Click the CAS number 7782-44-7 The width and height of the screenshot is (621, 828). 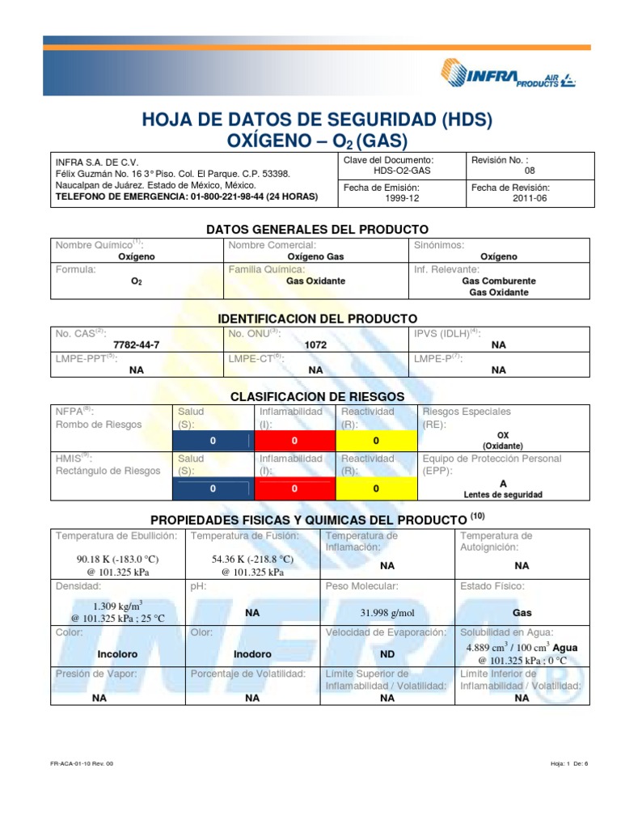click(137, 344)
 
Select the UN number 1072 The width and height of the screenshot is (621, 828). click(315, 344)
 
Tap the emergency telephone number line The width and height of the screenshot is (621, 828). click(186, 196)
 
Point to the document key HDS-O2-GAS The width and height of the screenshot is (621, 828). click(401, 171)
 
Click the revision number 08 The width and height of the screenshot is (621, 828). click(530, 171)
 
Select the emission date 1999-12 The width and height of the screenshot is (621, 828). click(401, 197)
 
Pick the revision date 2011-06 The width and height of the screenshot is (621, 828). click(530, 197)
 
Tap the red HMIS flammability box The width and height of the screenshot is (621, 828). click(294, 489)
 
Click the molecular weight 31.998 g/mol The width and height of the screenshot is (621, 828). click(387, 613)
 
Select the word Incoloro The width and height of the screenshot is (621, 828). click(117, 653)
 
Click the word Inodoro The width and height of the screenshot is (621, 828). click(252, 653)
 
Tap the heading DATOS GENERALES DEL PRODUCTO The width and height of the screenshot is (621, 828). click(317, 230)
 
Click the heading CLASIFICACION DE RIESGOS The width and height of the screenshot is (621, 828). click(317, 397)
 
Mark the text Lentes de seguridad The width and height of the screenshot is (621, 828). click(502, 494)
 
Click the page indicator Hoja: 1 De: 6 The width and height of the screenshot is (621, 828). click(569, 763)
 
